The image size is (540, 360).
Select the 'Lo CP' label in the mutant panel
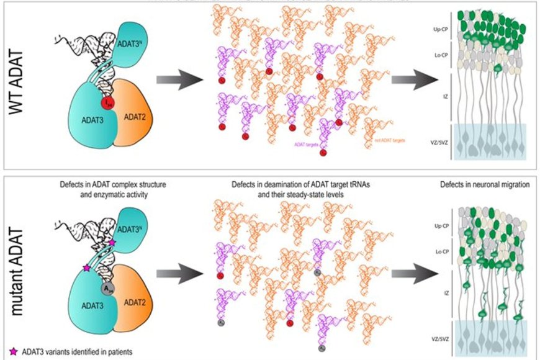point(438,251)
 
